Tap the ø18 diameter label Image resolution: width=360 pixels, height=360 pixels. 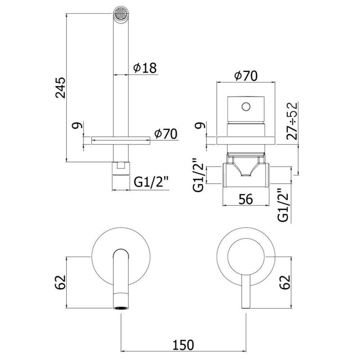pyautogui.click(x=144, y=68)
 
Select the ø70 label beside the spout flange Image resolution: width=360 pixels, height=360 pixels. pyautogui.click(x=165, y=134)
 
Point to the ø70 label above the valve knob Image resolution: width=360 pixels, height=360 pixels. pyautogui.click(x=246, y=76)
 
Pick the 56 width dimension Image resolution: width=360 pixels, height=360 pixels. pyautogui.click(x=246, y=199)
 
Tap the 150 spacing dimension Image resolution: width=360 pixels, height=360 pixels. pyautogui.click(x=184, y=344)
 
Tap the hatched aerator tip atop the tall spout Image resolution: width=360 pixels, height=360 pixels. pyautogui.click(x=121, y=12)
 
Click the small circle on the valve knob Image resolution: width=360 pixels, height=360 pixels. pyautogui.click(x=246, y=107)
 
